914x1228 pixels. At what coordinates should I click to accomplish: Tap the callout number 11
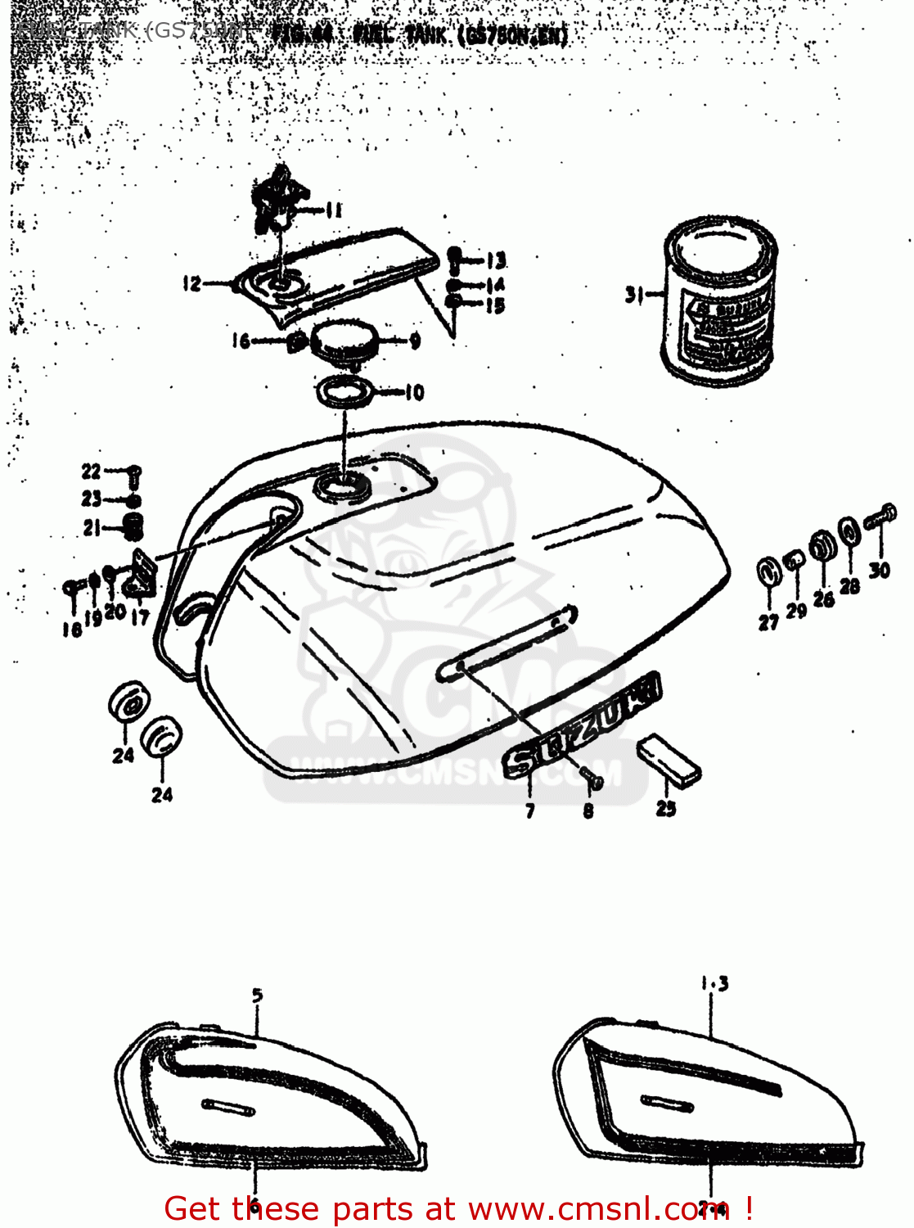(x=333, y=210)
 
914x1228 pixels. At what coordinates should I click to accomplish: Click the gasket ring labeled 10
(x=345, y=392)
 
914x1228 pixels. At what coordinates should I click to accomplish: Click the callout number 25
(x=666, y=809)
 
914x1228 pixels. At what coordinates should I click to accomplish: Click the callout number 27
(x=768, y=622)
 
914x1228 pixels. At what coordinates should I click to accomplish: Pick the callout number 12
(x=191, y=284)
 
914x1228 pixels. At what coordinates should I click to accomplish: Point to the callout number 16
(x=240, y=341)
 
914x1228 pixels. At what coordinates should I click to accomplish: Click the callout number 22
(x=91, y=472)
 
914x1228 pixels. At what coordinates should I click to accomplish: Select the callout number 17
(x=140, y=616)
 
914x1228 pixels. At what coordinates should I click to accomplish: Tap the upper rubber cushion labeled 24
(x=128, y=701)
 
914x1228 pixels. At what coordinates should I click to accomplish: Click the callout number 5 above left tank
(x=258, y=995)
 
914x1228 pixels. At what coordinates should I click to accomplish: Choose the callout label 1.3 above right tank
(x=714, y=983)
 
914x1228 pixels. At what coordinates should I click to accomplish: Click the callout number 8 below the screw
(x=588, y=811)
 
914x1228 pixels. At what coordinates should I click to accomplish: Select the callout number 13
(x=496, y=261)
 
